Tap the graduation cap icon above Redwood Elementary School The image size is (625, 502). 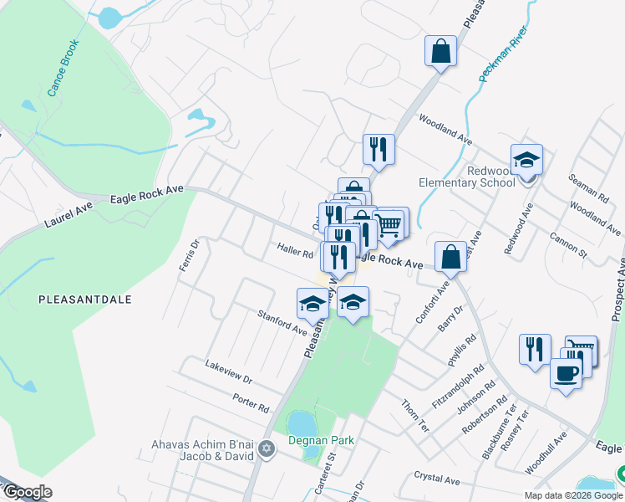[526, 159]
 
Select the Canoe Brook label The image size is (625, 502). [64, 67]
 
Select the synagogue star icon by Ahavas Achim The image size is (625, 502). [267, 449]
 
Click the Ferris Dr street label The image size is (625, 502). [190, 256]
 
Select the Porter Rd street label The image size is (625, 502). [252, 403]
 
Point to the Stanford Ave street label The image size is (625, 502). [282, 323]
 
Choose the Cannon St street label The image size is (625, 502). [568, 243]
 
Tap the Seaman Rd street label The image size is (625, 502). [588, 188]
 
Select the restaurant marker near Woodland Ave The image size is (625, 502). [379, 149]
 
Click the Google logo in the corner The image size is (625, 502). [27, 492]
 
